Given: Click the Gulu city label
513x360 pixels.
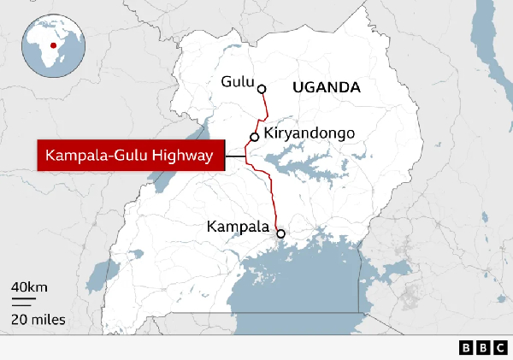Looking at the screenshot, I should pyautogui.click(x=237, y=82).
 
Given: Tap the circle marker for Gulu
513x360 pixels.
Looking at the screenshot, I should pyautogui.click(x=262, y=88).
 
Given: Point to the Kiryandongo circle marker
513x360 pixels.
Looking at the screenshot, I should pyautogui.click(x=254, y=137).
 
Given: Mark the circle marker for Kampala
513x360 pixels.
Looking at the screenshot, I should pyautogui.click(x=280, y=232).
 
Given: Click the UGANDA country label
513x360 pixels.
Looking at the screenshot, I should pyautogui.click(x=326, y=88).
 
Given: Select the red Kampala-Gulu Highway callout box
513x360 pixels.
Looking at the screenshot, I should pyautogui.click(x=129, y=156).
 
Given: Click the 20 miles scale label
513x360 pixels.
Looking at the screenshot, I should pyautogui.click(x=38, y=320).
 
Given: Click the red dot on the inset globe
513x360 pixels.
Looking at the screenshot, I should pyautogui.click(x=53, y=45).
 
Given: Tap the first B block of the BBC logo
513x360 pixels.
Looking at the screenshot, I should pyautogui.click(x=466, y=348).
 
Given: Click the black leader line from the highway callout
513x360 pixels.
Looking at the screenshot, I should pyautogui.click(x=234, y=156).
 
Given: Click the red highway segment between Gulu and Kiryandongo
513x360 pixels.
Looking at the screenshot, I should pyautogui.click(x=264, y=111).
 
